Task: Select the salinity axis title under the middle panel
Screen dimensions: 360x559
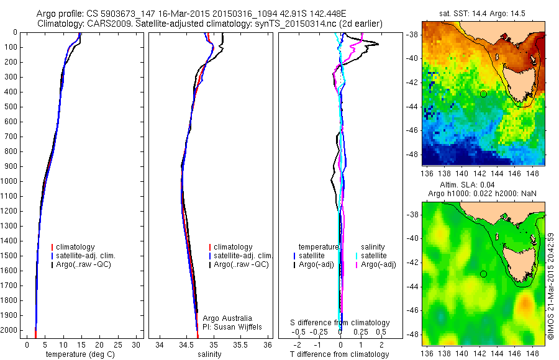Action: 209,354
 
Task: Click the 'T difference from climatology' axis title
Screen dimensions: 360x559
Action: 340,354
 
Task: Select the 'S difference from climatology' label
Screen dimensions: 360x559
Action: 340,323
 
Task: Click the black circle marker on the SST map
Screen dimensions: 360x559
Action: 483,94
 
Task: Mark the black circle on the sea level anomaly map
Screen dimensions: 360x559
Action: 483,274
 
